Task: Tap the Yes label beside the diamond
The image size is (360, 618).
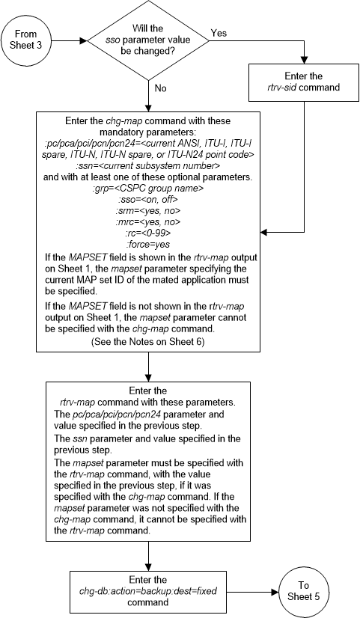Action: [219, 34]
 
